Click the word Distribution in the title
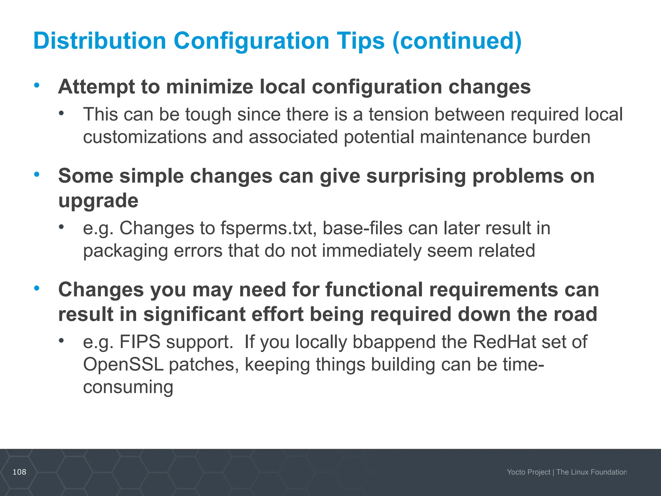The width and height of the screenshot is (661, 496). click(99, 41)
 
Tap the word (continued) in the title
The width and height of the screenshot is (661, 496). click(457, 41)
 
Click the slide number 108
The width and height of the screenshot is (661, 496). click(19, 472)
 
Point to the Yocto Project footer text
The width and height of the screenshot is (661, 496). click(528, 472)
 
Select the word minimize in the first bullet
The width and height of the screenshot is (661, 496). click(209, 87)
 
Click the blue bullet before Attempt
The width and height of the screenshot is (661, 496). click(37, 85)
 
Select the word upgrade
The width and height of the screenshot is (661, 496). click(98, 201)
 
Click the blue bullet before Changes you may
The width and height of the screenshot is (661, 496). click(37, 288)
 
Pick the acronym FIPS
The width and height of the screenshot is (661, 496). click(140, 342)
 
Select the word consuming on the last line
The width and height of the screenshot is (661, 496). click(128, 387)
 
